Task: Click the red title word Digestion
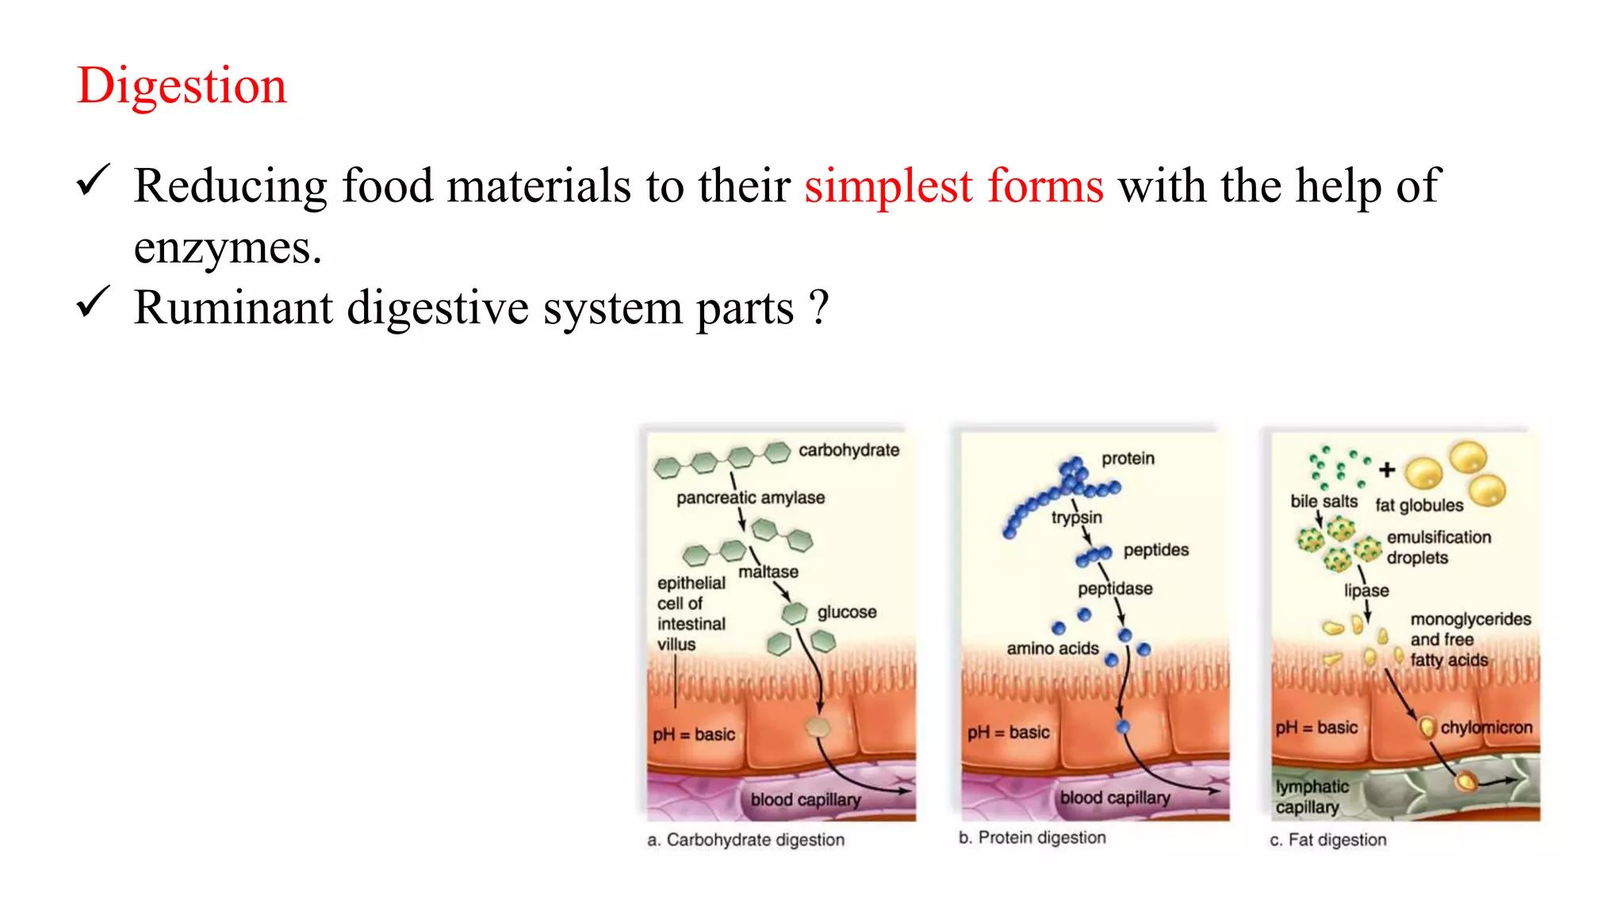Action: pos(182,86)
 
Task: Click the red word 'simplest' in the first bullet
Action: pos(887,186)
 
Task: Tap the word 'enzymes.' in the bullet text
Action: pos(228,248)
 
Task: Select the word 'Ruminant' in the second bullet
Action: pos(233,308)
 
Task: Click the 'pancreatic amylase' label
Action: pos(750,498)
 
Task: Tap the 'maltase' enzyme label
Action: pos(768,571)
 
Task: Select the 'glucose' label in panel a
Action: pos(847,612)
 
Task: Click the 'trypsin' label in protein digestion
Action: pos(1076,518)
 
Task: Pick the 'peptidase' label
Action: pos(1115,589)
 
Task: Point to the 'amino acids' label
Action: pos(1052,648)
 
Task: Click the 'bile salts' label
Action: pos(1323,502)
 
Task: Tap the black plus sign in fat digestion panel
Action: pos(1387,470)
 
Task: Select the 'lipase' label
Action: pos(1366,590)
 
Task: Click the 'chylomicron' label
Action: pos(1486,728)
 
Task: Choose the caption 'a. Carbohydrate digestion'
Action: pos(745,840)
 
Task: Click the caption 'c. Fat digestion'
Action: pos(1328,840)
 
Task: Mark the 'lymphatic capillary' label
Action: pos(1311,796)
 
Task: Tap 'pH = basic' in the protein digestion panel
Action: pos(1008,732)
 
